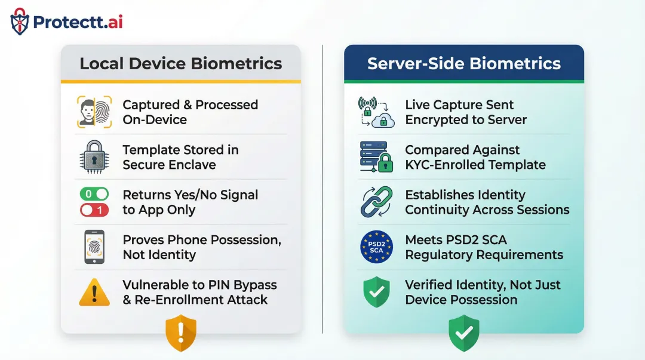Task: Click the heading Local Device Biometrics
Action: [180, 63]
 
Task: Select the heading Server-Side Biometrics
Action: [463, 63]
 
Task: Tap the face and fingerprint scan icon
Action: [94, 112]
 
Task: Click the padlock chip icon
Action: [94, 157]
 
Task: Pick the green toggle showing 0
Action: [94, 194]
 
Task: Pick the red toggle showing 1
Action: [94, 210]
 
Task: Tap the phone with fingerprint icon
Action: [94, 247]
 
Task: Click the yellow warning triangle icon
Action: [94, 292]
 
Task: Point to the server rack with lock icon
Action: [376, 157]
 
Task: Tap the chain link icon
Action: [376, 202]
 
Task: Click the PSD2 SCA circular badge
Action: [376, 247]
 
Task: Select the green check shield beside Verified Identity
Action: [376, 292]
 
